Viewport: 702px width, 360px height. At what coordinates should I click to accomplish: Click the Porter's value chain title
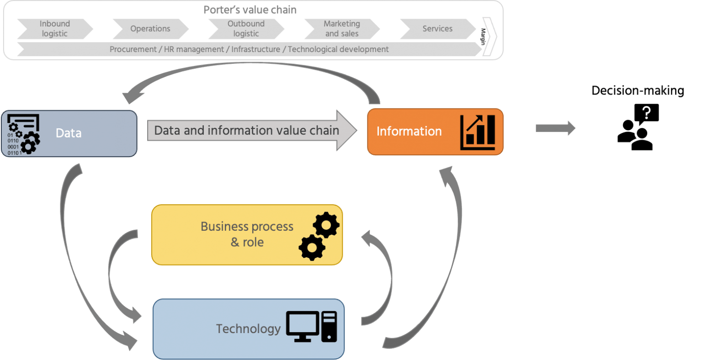pos(250,10)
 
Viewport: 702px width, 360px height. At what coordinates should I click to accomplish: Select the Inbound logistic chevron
pos(55,29)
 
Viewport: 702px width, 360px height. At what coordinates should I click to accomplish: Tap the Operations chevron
pos(150,29)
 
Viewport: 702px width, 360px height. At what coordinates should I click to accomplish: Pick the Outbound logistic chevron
pos(246,29)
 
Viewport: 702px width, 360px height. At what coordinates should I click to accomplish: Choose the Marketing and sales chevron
pos(341,29)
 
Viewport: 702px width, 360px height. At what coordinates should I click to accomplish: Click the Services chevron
pos(437,29)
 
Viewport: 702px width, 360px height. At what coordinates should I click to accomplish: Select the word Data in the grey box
pos(69,133)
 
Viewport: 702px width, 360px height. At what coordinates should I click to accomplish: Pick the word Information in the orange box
pos(409,132)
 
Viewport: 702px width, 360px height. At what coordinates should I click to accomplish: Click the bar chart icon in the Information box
pos(478,132)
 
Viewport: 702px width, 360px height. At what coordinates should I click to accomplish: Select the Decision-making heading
pos(638,91)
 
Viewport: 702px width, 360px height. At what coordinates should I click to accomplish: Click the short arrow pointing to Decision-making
pos(555,128)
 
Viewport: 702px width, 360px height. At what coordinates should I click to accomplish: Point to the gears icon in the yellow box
pos(319,236)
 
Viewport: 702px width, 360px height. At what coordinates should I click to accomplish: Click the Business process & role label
pos(247,234)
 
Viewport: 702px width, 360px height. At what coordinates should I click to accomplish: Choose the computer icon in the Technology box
pos(311,327)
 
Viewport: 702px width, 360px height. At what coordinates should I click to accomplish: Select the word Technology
pos(248,329)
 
